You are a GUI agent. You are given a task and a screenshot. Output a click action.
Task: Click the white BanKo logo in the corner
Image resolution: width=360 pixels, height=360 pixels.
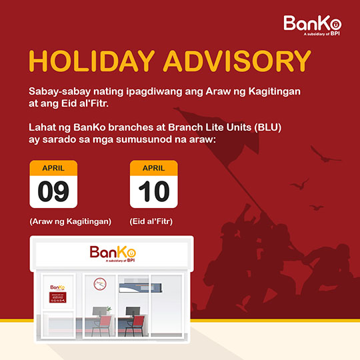pos(312,25)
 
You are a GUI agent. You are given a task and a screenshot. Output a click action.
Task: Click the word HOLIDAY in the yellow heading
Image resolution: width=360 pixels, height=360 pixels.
pos(92,61)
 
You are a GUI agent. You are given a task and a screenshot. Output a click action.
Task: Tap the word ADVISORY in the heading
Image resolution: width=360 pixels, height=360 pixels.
pos(237,61)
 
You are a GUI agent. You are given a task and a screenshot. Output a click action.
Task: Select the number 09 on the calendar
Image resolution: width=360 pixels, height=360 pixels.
pos(53,191)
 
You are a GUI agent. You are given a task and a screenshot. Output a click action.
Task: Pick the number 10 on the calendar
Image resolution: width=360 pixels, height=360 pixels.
pos(154,191)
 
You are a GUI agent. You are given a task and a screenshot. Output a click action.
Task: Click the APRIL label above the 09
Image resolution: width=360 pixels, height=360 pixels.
pos(53,168)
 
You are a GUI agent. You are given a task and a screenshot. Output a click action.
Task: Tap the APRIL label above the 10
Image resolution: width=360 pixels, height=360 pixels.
pos(153,168)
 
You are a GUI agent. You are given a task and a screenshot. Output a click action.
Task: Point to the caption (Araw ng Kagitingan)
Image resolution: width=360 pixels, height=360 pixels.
pos(70,221)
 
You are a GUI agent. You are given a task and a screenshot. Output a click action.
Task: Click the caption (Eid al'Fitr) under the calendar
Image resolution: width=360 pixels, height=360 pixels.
pos(151,221)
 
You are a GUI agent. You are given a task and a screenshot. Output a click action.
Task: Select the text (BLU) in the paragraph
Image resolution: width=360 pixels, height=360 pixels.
pos(268,127)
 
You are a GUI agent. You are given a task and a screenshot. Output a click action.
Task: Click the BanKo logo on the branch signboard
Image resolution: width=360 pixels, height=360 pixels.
pos(113,254)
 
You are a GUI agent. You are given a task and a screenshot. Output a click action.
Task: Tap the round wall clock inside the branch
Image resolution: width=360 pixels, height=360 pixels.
pos(100,284)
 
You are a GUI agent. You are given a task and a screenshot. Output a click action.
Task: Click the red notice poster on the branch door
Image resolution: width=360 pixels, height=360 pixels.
pos(58,297)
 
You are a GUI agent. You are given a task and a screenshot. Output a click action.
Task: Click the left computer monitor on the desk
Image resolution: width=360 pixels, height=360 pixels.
pos(99,311)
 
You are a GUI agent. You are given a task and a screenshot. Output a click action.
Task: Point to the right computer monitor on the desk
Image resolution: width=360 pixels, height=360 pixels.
pos(133,311)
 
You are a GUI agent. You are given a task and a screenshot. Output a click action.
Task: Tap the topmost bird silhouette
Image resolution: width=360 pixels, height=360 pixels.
pos(324,154)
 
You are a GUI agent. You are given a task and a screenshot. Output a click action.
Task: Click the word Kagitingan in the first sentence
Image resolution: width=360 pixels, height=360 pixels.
pos(275,91)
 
